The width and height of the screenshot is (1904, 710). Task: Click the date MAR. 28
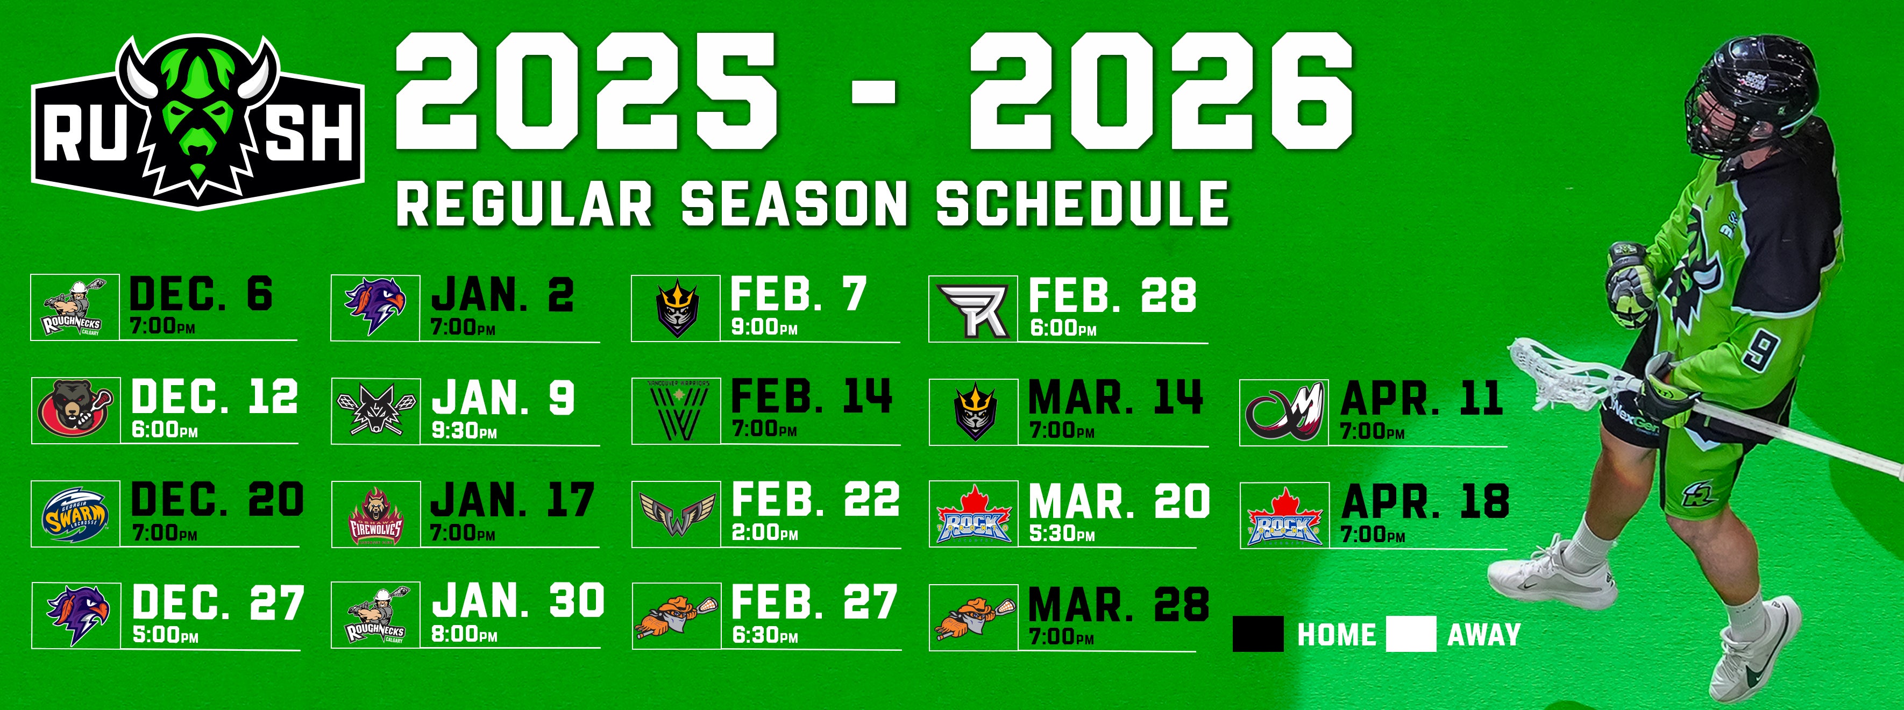click(x=1118, y=605)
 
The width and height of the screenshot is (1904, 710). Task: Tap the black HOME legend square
click(x=1258, y=635)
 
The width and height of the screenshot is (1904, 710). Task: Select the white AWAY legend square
click(x=1411, y=635)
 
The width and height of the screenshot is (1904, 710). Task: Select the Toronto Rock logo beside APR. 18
click(x=1284, y=516)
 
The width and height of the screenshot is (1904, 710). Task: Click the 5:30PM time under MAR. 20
click(x=1061, y=534)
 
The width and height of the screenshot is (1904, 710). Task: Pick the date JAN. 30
click(x=518, y=601)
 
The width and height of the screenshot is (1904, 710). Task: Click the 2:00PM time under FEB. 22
click(x=765, y=532)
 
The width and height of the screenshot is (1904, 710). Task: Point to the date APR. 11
click(x=1422, y=399)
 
